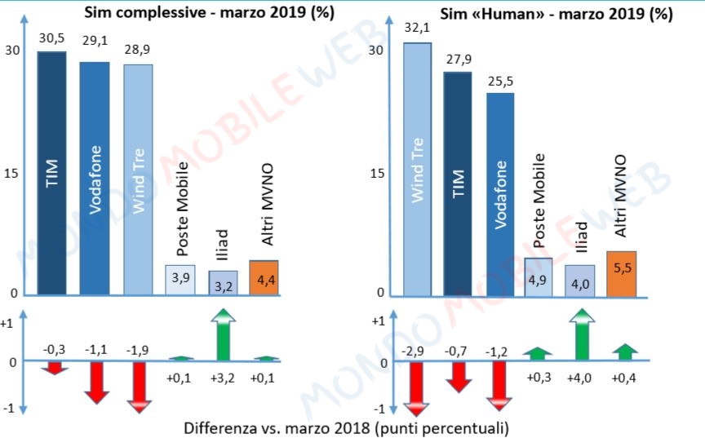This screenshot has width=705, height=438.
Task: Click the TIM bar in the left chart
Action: (x=51, y=171)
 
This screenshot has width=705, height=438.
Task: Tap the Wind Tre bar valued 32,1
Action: (x=417, y=167)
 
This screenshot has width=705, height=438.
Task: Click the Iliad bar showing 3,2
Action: (x=224, y=282)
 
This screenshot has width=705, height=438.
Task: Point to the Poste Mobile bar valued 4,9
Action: (x=538, y=276)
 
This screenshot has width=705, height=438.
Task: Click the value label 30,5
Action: (x=51, y=38)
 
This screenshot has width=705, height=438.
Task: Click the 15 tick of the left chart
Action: (x=14, y=174)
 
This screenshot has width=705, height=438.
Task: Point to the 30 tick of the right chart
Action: (x=376, y=50)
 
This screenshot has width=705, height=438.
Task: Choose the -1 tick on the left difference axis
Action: (x=10, y=407)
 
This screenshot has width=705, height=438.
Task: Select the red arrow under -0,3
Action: (x=53, y=368)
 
